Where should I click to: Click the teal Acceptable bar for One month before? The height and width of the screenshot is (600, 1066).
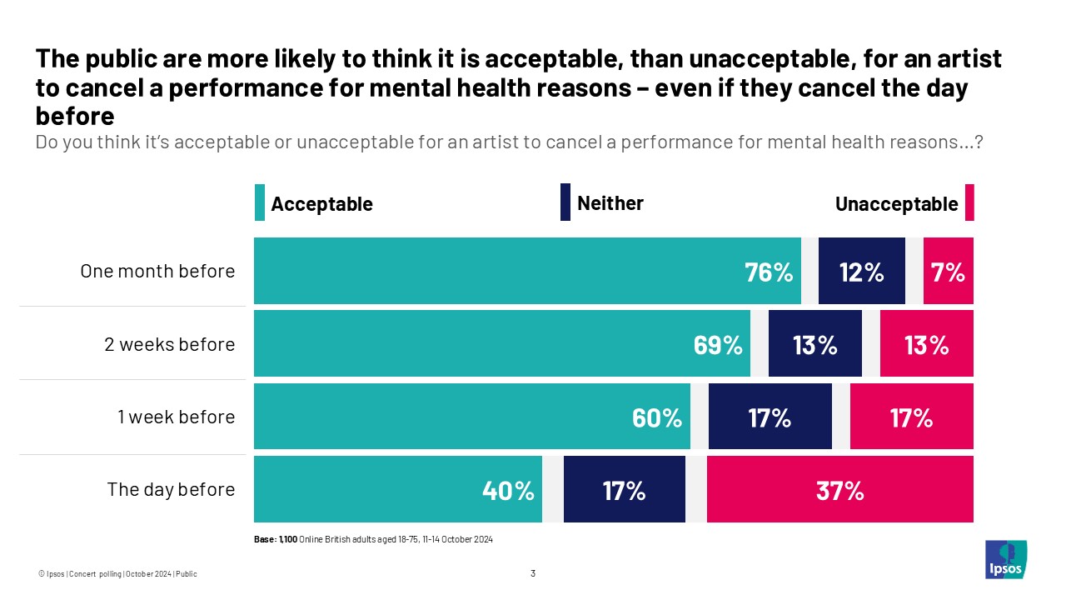527,271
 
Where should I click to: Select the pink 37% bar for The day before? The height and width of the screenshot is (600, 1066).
839,490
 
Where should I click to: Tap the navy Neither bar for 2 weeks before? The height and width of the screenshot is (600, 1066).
814,344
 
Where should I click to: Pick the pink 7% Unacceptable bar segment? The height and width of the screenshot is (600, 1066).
948,271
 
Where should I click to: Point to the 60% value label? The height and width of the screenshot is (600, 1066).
657,417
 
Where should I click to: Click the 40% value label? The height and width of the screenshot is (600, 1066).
508,491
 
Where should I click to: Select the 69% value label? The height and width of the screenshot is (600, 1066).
718,345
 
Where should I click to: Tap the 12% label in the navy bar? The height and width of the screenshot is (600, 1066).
861,272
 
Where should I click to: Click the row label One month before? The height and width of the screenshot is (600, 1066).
157,271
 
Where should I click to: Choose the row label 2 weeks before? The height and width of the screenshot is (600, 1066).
169,344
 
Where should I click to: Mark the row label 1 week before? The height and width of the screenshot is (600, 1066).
176,417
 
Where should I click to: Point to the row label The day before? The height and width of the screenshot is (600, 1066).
171,489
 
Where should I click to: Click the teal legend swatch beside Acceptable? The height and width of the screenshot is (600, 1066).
260,204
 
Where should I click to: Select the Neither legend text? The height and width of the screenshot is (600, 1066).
610,203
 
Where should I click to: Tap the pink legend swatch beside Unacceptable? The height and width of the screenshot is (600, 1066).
969,204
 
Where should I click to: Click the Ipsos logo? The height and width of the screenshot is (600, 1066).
1005,559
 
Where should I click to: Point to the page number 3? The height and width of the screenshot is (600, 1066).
533,573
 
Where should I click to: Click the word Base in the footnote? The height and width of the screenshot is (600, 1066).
264,539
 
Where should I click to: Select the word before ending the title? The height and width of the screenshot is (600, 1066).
74,116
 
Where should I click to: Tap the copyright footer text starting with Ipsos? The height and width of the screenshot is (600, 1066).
117,573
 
